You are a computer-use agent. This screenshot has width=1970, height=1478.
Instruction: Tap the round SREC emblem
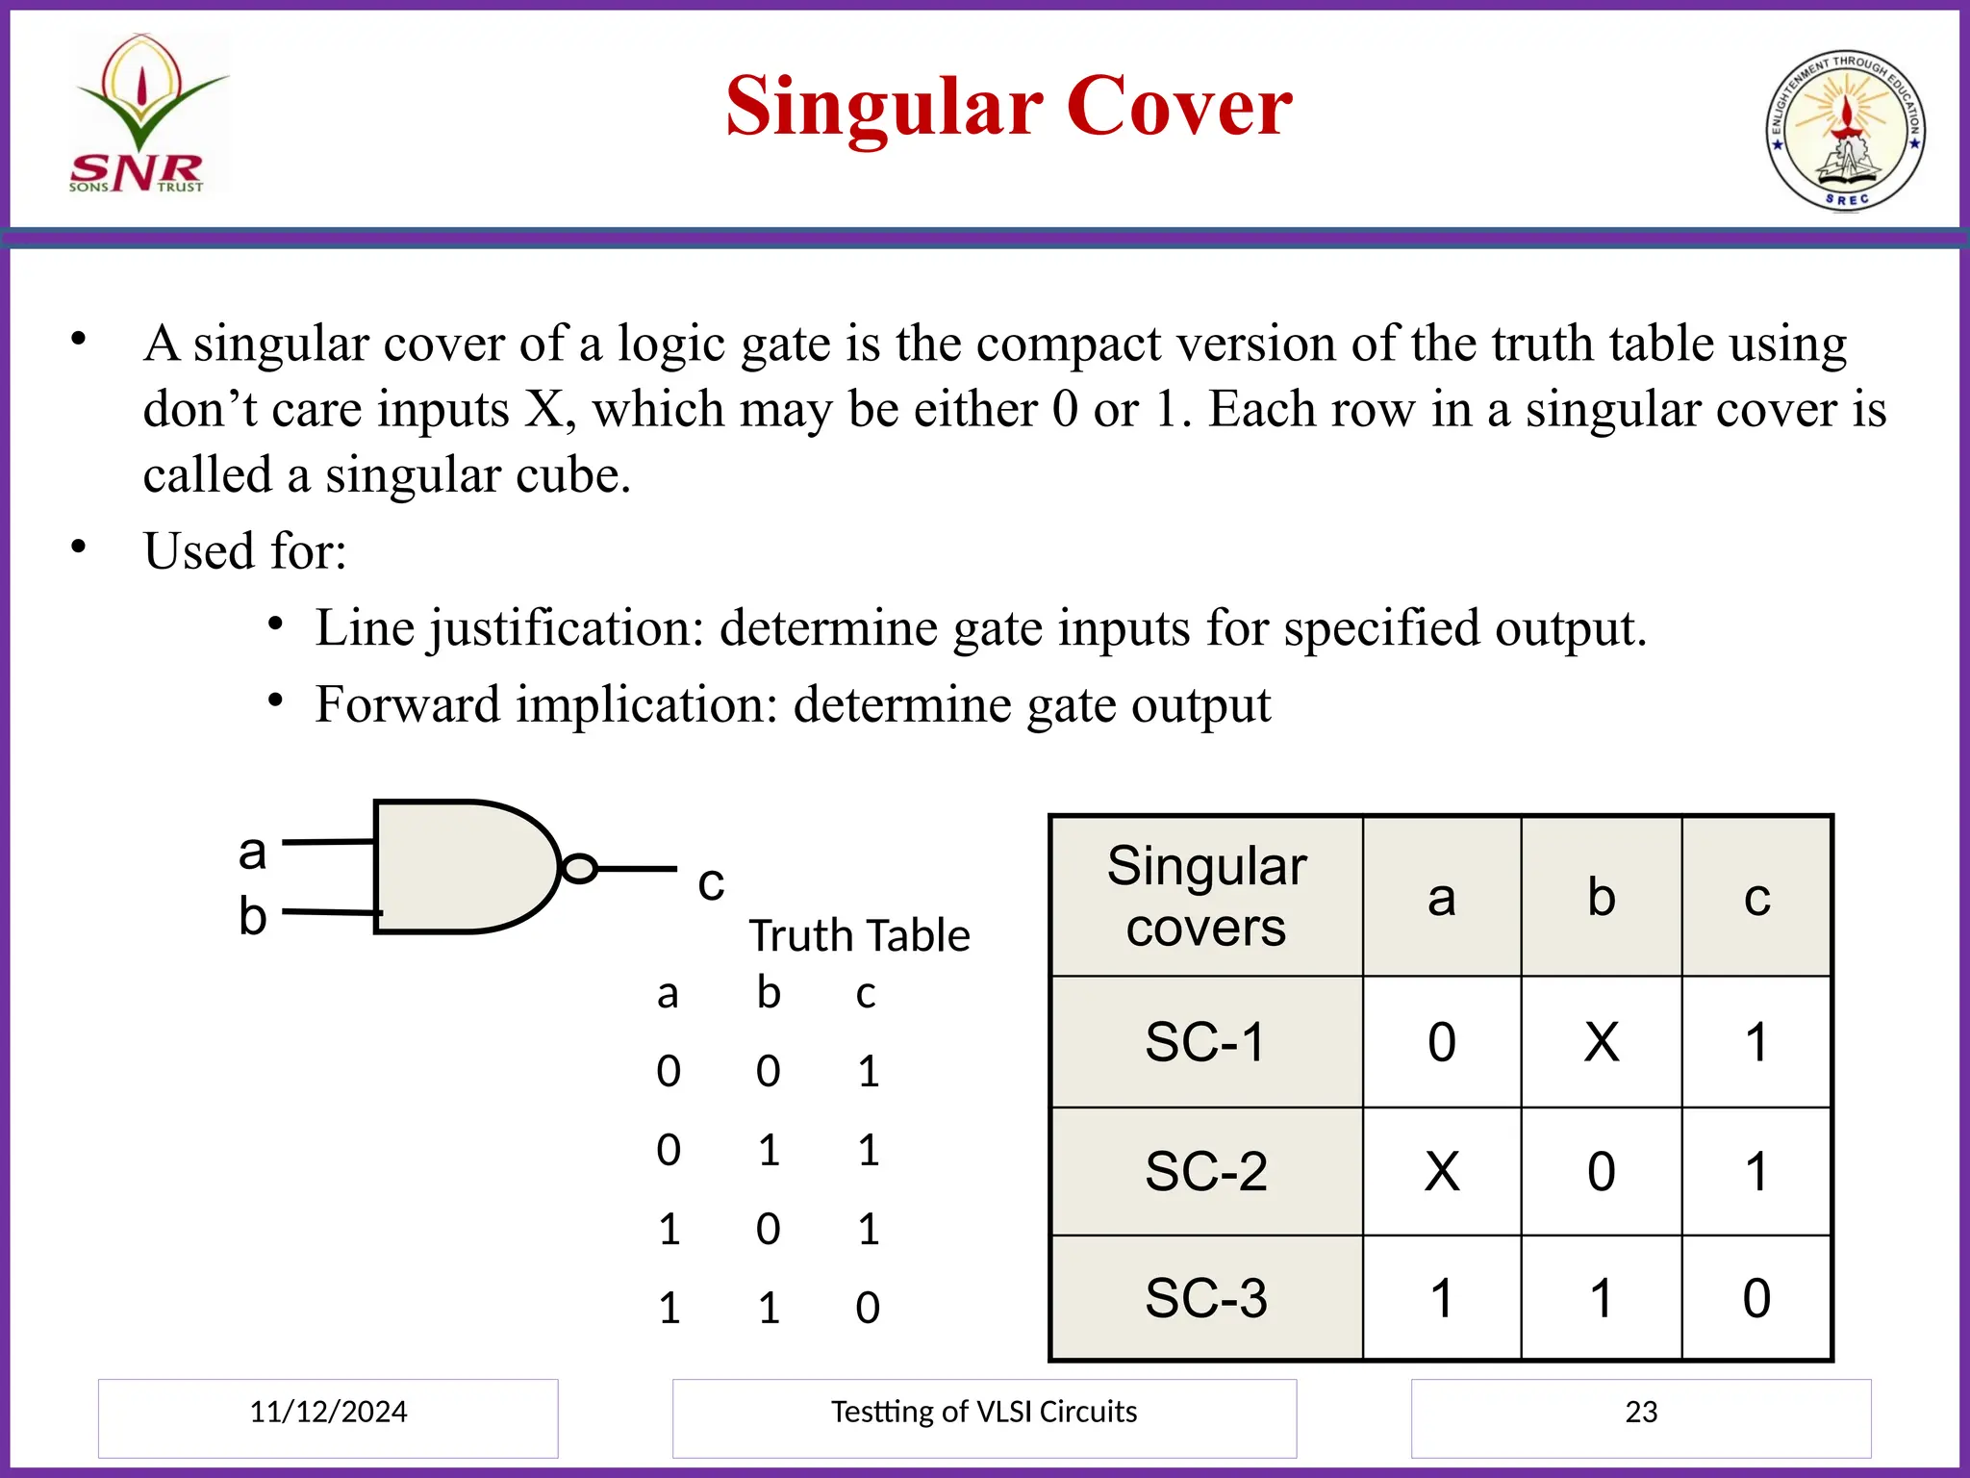[1845, 131]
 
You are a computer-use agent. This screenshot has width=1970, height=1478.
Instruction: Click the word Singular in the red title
[884, 107]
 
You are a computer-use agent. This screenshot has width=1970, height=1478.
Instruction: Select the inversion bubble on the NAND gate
[579, 868]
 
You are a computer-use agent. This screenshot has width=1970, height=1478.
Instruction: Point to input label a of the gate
[252, 852]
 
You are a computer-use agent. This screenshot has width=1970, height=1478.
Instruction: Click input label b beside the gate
[252, 915]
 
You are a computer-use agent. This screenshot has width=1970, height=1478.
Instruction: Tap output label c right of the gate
[711, 882]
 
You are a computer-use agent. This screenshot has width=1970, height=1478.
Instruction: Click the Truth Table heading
[859, 935]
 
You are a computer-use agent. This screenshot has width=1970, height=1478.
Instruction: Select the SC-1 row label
[1205, 1041]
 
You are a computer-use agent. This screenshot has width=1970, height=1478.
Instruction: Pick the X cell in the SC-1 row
[1601, 1041]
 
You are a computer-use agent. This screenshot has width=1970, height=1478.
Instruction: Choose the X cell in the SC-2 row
[1441, 1171]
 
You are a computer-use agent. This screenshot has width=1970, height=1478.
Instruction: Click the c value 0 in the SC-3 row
[1755, 1298]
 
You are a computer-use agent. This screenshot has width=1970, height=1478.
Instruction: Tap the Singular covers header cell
[1206, 896]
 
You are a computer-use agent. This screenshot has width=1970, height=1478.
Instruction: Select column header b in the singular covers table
[1601, 897]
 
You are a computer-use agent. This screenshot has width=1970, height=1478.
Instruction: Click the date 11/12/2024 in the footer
[328, 1412]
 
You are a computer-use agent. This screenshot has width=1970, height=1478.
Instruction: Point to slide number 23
[1641, 1412]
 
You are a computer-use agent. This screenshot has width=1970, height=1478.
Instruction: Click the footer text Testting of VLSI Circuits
[983, 1412]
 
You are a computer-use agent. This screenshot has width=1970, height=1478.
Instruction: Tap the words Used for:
[245, 551]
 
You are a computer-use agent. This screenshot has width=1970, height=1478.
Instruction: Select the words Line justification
[509, 627]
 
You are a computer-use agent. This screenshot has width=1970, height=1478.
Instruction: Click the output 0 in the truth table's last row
[867, 1308]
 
